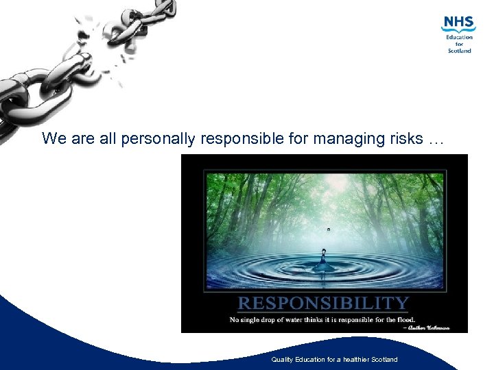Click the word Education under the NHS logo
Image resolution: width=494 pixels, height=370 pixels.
pyautogui.click(x=460, y=37)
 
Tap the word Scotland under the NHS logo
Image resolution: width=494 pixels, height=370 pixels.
pyautogui.click(x=460, y=51)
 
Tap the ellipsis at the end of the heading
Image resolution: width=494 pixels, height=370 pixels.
pyautogui.click(x=436, y=140)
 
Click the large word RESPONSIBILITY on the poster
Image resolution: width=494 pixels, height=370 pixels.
pyautogui.click(x=323, y=304)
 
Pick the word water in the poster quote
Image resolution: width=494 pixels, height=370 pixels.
pyautogui.click(x=295, y=319)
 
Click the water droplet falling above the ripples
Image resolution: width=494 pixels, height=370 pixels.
pyautogui.click(x=329, y=230)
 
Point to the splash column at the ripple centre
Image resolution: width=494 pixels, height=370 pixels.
pyautogui.click(x=324, y=257)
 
